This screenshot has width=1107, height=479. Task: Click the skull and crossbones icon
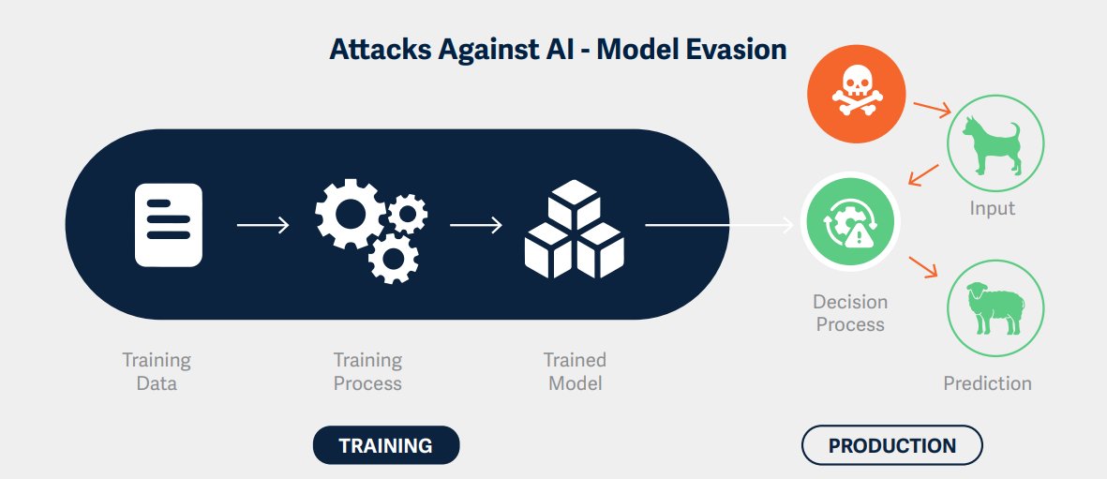[856, 94]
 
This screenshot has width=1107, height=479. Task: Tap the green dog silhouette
[995, 147]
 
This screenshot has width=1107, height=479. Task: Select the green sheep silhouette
[995, 308]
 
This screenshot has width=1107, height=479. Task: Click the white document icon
[169, 225]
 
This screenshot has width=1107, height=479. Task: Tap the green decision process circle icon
[850, 225]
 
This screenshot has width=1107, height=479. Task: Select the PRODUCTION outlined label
[891, 445]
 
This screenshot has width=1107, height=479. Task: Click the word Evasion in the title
[727, 50]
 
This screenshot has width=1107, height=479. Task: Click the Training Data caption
[157, 371]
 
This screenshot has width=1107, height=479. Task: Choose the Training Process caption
[367, 371]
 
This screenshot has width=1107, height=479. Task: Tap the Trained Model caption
[575, 371]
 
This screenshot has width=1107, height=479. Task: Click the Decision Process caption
[850, 313]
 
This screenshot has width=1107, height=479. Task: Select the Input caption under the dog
[993, 208]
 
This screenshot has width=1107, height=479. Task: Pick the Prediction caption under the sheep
[987, 383]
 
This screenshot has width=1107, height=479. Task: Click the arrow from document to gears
[263, 225]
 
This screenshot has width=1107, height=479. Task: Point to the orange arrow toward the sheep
[922, 266]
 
